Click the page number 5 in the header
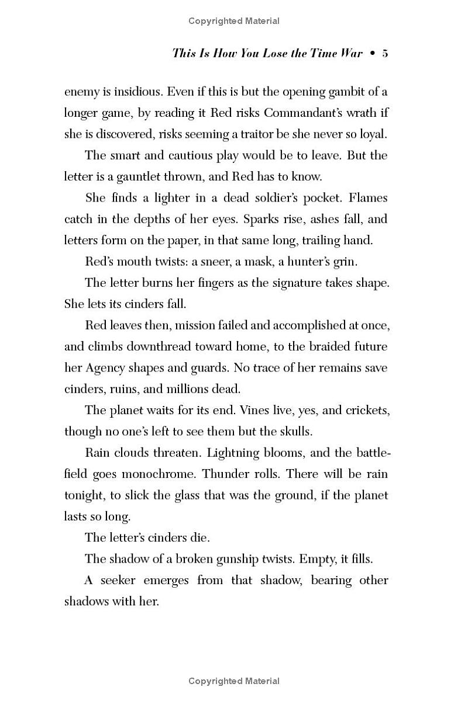tap(385, 54)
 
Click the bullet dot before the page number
tap(370, 54)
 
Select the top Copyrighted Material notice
tap(234, 21)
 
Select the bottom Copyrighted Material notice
tap(234, 681)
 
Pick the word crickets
tap(364, 410)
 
